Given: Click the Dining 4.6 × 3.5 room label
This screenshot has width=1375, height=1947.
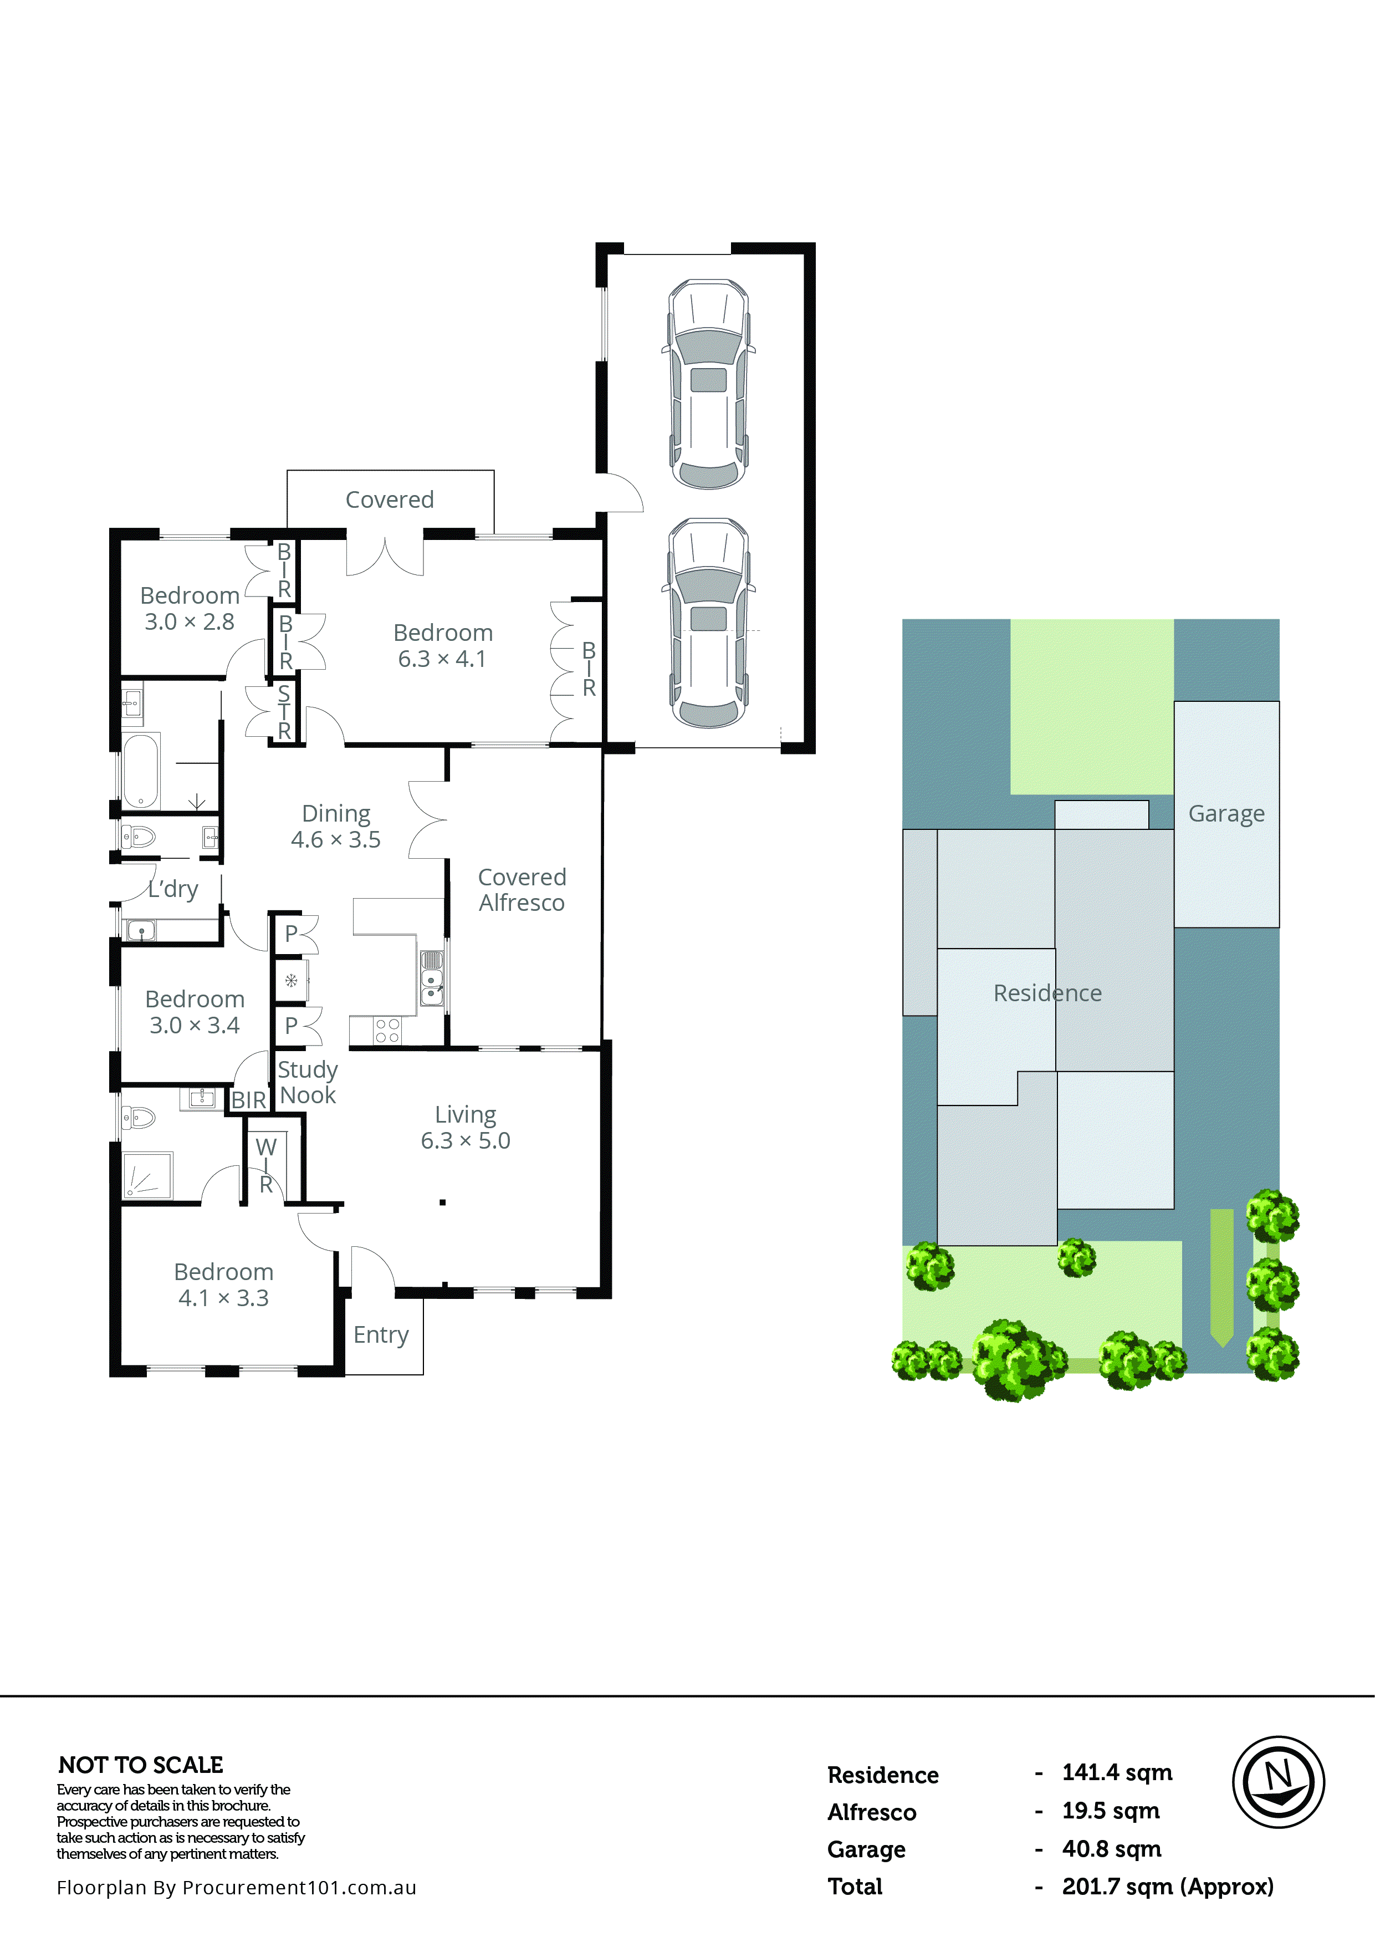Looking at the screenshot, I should click(x=336, y=826).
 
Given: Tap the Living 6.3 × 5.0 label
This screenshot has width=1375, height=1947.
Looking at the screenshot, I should click(x=466, y=1127).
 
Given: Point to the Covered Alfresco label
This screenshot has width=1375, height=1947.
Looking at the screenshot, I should click(x=522, y=890).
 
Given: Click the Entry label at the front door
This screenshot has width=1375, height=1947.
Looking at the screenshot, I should click(x=381, y=1335).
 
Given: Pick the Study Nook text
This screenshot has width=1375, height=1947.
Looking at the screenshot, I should click(x=308, y=1082).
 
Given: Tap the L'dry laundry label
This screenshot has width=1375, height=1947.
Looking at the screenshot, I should click(x=173, y=889).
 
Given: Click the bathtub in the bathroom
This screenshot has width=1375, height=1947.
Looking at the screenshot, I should click(x=141, y=770).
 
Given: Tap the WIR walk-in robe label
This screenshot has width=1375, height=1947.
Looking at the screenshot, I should click(x=266, y=1165).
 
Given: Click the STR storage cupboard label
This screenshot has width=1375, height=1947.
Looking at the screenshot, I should click(x=284, y=712).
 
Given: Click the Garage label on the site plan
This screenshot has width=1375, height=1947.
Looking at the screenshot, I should click(x=1226, y=813).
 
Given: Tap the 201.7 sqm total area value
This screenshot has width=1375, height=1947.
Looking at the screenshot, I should click(x=1167, y=1886).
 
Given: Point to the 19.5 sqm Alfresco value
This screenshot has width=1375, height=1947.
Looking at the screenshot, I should click(x=1111, y=1811).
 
